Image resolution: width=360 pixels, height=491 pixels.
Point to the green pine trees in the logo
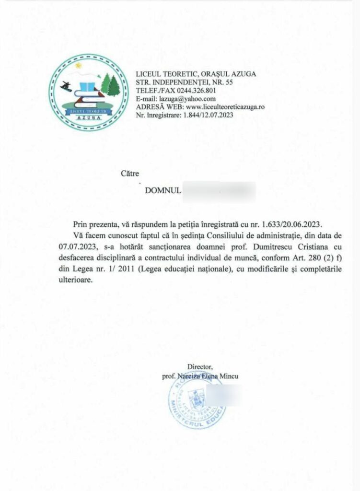click(110, 85)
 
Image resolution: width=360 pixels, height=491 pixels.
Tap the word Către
click(130, 174)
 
